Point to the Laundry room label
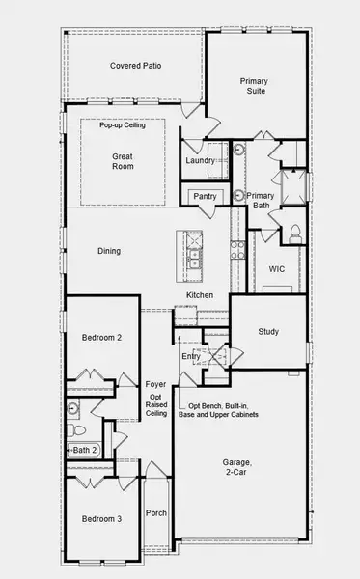click(x=201, y=160)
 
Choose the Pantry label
click(x=205, y=196)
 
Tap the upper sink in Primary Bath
click(x=237, y=152)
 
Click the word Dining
click(x=109, y=251)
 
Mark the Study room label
click(x=268, y=332)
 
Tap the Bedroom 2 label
click(x=100, y=338)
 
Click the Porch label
click(x=156, y=513)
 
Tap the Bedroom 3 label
click(x=100, y=519)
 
